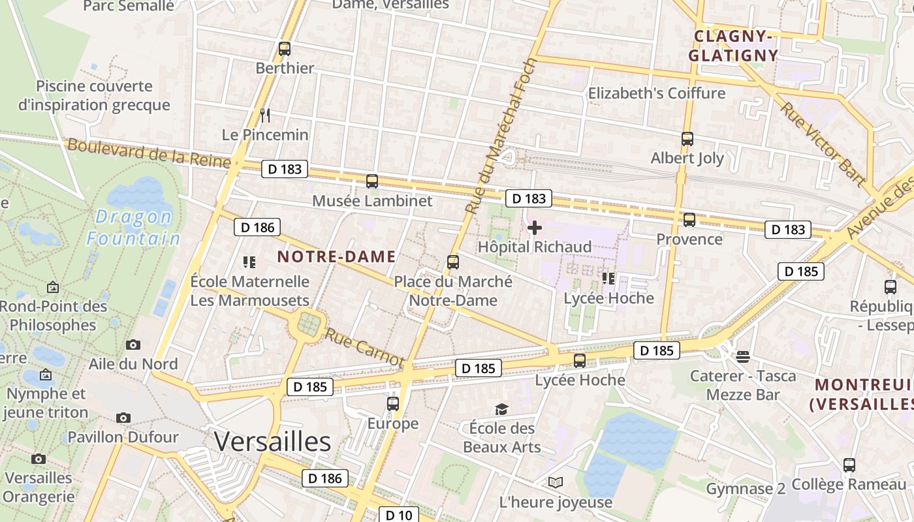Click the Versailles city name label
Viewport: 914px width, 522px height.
tap(272, 442)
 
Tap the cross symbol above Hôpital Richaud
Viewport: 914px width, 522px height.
tap(535, 228)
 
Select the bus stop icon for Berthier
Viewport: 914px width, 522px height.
tap(284, 48)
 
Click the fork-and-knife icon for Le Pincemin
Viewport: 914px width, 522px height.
tap(265, 115)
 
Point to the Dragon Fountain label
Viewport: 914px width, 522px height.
tap(133, 227)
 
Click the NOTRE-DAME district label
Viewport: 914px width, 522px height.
tap(336, 256)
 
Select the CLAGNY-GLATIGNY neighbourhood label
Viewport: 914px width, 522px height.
tap(733, 46)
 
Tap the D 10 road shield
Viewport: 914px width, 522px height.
tap(398, 515)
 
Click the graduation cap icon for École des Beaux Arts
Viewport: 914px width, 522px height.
tap(501, 409)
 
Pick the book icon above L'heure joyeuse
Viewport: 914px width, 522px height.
tap(556, 482)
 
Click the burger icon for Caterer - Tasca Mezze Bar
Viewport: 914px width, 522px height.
tap(742, 356)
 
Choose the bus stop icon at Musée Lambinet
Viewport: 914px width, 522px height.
tap(372, 181)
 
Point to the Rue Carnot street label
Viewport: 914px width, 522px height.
tap(365, 347)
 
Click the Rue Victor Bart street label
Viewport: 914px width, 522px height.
tap(823, 144)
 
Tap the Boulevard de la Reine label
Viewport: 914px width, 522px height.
tap(149, 153)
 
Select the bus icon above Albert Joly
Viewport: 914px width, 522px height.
tap(687, 138)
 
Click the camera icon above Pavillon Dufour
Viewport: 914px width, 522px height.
tap(123, 418)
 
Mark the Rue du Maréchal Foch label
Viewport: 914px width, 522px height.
tap(501, 136)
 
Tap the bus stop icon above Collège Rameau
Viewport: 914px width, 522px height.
tap(849, 465)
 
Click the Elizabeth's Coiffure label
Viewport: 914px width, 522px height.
tap(657, 93)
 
